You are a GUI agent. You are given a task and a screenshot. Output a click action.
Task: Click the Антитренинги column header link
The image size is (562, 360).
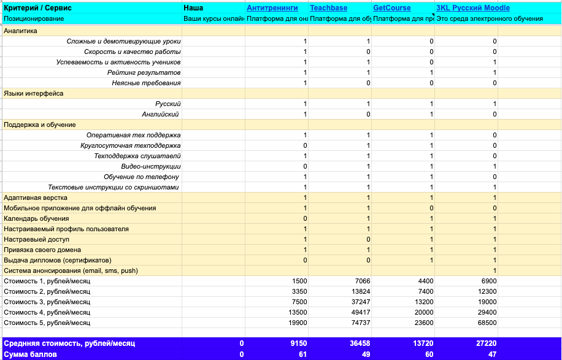click(x=272, y=8)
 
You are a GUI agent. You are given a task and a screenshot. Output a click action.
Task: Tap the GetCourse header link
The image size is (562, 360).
click(x=392, y=8)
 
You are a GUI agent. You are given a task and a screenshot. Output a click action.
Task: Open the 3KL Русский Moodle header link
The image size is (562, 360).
click(x=472, y=8)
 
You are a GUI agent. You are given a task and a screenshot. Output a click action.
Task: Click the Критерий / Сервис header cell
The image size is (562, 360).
click(x=38, y=8)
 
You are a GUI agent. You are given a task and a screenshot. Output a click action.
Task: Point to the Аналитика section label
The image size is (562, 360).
click(x=20, y=31)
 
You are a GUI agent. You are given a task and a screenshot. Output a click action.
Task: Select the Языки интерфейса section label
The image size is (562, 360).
click(x=34, y=93)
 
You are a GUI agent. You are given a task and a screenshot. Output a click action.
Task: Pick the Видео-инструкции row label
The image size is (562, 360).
click(x=151, y=166)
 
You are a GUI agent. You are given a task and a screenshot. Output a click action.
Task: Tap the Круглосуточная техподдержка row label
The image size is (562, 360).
click(x=130, y=145)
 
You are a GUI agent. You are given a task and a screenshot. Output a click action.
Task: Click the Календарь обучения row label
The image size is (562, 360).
click(x=36, y=218)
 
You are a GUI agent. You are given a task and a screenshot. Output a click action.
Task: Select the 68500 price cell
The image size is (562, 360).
click(x=486, y=323)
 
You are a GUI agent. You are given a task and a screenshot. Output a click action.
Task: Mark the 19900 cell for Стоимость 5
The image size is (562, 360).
click(x=296, y=323)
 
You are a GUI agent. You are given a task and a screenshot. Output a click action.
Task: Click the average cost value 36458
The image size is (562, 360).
click(x=360, y=343)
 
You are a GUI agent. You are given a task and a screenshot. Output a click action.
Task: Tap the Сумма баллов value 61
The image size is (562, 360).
click(x=302, y=354)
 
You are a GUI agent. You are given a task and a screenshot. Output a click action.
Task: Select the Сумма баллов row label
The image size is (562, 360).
click(x=31, y=354)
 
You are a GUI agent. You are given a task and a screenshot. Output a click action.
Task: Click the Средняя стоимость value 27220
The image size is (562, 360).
click(x=486, y=343)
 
